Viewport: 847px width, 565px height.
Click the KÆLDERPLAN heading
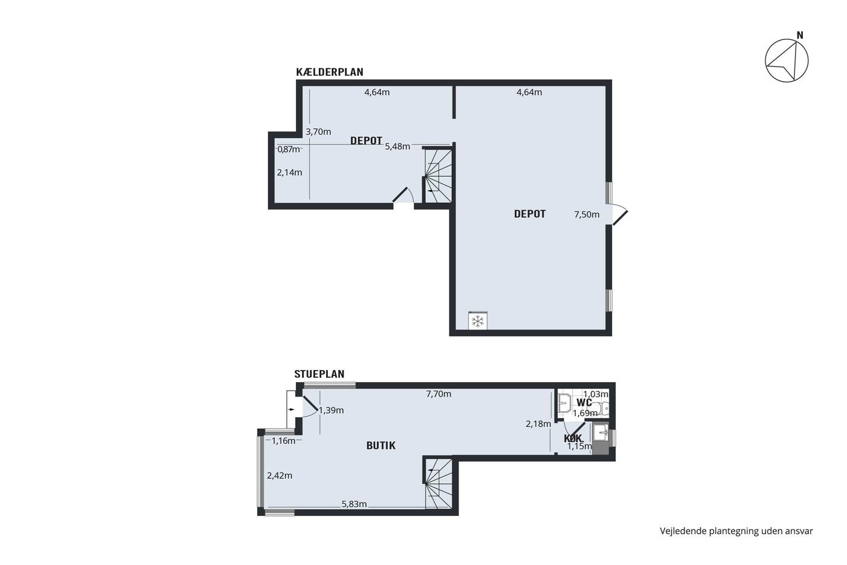pyautogui.click(x=329, y=72)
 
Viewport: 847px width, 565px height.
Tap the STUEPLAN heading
pyautogui.click(x=319, y=374)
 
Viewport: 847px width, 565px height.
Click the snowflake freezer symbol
pyautogui.click(x=478, y=322)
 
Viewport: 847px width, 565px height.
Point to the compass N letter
pyautogui.click(x=800, y=35)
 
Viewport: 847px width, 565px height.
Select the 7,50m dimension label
pyautogui.click(x=586, y=214)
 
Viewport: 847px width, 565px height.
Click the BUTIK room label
pyautogui.click(x=381, y=446)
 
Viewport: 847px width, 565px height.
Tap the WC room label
pyautogui.click(x=584, y=402)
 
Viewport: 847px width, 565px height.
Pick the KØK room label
pyautogui.click(x=573, y=438)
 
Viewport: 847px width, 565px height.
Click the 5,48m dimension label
pyautogui.click(x=397, y=147)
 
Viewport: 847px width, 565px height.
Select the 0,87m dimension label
pyautogui.click(x=289, y=150)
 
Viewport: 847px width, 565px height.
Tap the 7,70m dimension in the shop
pyautogui.click(x=439, y=394)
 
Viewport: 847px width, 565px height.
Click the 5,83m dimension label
pyautogui.click(x=354, y=504)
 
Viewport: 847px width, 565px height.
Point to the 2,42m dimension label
pyautogui.click(x=280, y=476)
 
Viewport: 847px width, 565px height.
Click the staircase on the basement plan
pyautogui.click(x=439, y=176)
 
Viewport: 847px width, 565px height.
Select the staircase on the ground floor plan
pyautogui.click(x=439, y=484)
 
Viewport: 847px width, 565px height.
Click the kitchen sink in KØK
pyautogui.click(x=600, y=432)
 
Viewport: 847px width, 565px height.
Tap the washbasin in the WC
pyautogui.click(x=564, y=402)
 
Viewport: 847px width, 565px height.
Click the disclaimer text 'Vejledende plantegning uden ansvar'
pyautogui.click(x=736, y=531)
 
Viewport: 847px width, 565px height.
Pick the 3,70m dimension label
pyautogui.click(x=318, y=131)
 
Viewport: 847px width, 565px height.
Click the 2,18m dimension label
pyautogui.click(x=538, y=425)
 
